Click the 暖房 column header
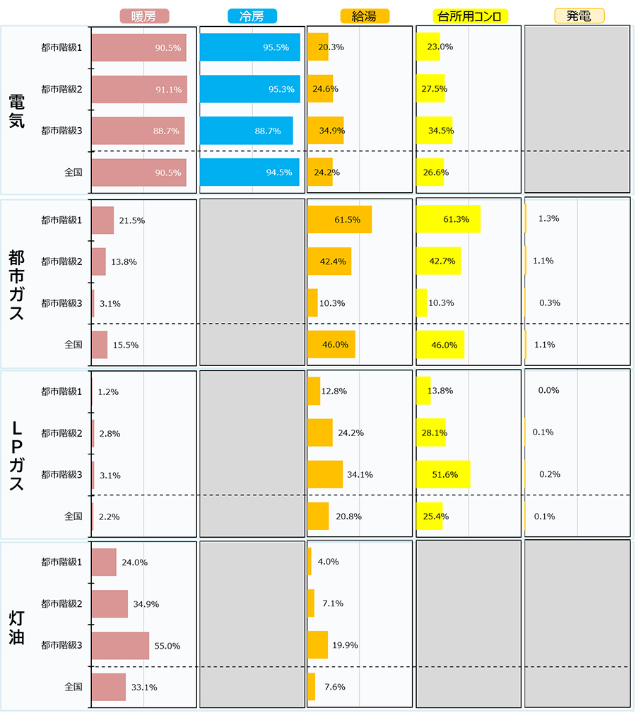(144, 16)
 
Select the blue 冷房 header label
(252, 16)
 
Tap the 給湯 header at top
(365, 16)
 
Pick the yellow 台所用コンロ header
(470, 16)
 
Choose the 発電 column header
(579, 16)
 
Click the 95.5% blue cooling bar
(250, 47)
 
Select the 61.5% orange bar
(340, 220)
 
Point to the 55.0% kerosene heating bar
(120, 646)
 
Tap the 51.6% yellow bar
(443, 474)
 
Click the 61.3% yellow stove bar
(449, 219)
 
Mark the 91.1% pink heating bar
(139, 89)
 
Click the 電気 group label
(17, 112)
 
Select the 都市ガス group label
(17, 285)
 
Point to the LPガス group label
(17, 456)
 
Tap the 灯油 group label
(17, 628)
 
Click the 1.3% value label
(548, 219)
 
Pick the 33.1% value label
(144, 688)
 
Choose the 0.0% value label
(548, 391)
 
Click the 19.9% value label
(345, 645)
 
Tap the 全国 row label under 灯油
(73, 687)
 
